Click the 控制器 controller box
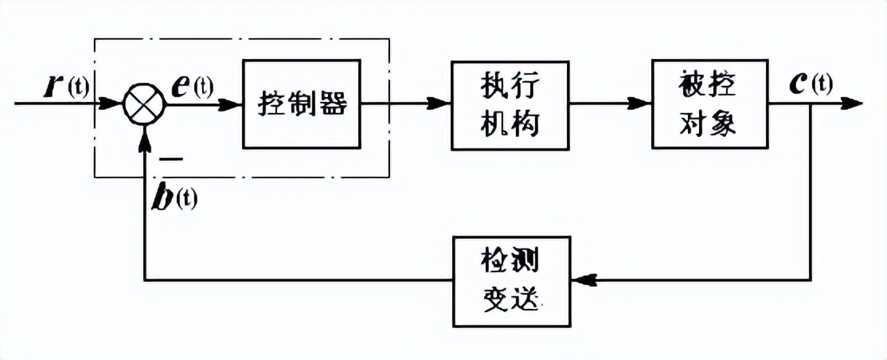click(x=302, y=104)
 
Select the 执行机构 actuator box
click(x=510, y=104)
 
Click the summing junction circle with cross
click(x=144, y=104)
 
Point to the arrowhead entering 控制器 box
click(x=232, y=104)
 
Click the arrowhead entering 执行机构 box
click(x=441, y=104)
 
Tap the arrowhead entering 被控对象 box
click(x=642, y=104)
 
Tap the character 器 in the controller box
click(x=334, y=104)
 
